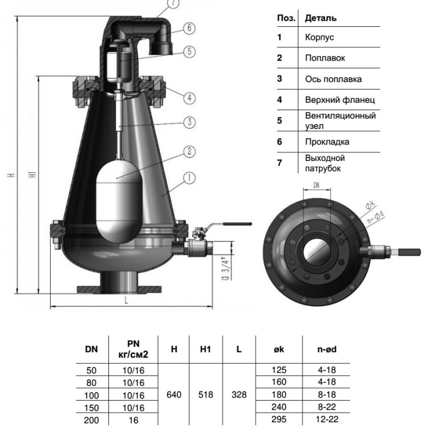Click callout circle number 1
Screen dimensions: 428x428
189,178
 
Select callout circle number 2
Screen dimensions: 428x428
189,151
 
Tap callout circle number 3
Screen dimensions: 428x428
189,122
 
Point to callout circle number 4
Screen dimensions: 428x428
189,98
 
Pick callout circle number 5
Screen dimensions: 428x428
189,51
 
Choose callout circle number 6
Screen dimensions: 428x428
189,28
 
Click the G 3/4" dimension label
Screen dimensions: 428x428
225,269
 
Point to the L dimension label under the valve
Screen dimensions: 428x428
126,300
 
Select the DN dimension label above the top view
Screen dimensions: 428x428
317,185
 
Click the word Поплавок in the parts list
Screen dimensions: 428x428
325,58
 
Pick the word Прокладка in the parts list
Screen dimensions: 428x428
327,142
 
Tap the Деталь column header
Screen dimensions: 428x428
321,18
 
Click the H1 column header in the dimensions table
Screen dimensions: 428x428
205,349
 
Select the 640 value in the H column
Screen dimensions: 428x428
174,395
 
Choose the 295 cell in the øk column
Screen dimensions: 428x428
279,419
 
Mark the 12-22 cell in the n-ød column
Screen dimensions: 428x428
327,419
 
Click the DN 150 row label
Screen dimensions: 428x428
91,408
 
